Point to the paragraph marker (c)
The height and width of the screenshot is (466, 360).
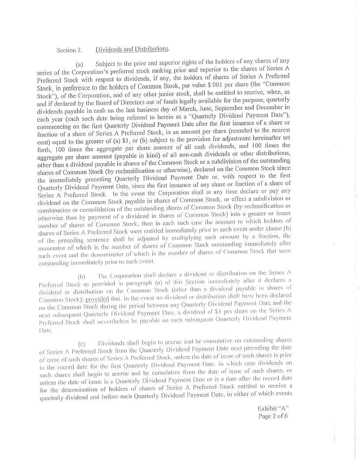(82, 343)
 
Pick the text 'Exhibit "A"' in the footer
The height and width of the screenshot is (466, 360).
(273, 409)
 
